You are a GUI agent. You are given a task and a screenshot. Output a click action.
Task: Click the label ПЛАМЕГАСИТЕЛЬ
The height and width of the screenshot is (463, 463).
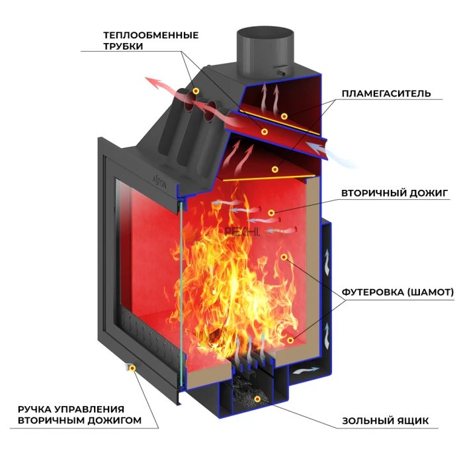pos(386,93)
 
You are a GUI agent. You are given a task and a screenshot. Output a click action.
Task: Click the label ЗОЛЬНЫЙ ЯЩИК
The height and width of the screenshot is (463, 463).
pos(386,421)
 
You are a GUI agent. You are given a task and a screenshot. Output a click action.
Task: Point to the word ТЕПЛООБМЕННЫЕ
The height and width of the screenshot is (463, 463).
pos(151,34)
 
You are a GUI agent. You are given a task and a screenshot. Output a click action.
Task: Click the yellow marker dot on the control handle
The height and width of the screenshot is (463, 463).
pos(131,368)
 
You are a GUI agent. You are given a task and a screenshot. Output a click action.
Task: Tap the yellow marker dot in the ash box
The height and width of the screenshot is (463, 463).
pos(257,398)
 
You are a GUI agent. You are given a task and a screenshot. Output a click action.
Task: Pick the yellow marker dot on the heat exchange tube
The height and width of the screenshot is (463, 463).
pos(196,90)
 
